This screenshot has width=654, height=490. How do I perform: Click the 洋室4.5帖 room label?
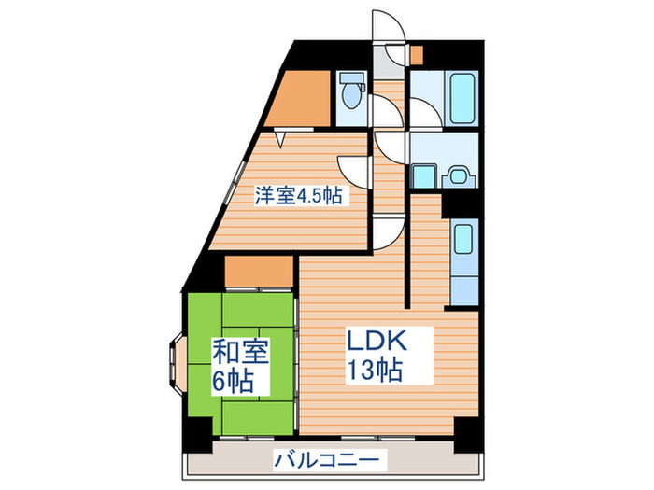point(298,196)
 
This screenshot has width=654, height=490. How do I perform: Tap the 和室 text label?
point(242,352)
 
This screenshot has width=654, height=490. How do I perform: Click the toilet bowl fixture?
point(352,92)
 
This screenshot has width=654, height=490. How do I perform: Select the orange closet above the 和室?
point(260,273)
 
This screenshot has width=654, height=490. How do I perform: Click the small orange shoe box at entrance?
point(415,54)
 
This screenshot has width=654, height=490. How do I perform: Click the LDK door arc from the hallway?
point(387,229)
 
